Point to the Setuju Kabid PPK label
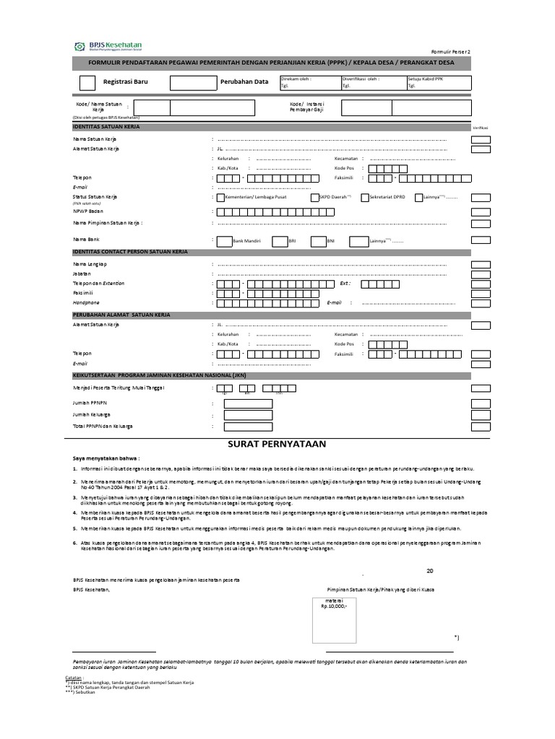pyautogui.click(x=427, y=78)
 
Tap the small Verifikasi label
pyautogui.click(x=481, y=127)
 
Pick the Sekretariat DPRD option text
pyautogui.click(x=386, y=197)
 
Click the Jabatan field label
pyautogui.click(x=82, y=274)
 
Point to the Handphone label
pyautogui.click(x=85, y=303)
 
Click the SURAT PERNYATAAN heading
pyautogui.click(x=278, y=442)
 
